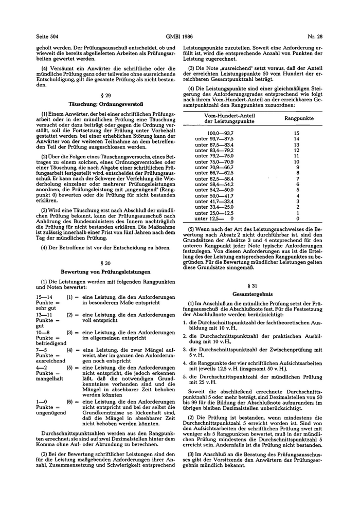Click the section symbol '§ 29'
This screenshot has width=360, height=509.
pyautogui.click(x=105, y=97)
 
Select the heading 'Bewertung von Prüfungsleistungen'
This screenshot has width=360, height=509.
pyautogui.click(x=105, y=271)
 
